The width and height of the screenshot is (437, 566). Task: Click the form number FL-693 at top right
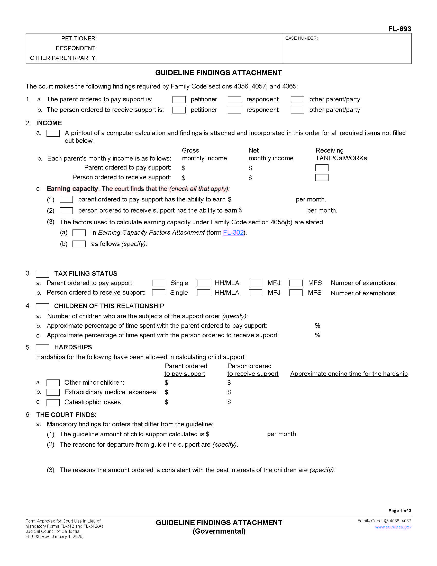(x=399, y=29)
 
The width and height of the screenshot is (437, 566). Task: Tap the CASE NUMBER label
(x=301, y=38)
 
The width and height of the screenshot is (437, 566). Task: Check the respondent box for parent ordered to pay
(x=234, y=100)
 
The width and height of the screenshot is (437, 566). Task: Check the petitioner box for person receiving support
(x=179, y=110)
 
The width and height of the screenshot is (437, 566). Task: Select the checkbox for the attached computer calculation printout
(x=53, y=133)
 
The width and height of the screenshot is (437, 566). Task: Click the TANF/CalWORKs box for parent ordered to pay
(x=322, y=168)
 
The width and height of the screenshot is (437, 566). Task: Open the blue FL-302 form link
(x=233, y=233)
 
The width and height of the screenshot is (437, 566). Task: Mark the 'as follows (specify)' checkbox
(x=79, y=244)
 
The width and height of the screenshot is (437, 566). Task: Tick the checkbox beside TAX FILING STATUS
(x=42, y=274)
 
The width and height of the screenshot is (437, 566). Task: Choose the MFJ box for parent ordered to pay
(x=256, y=283)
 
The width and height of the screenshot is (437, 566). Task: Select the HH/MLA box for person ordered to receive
(x=204, y=293)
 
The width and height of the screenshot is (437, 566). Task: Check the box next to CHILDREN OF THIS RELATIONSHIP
(x=42, y=306)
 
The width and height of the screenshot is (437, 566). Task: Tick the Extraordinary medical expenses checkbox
(x=53, y=392)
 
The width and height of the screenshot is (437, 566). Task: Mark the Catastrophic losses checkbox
(x=53, y=402)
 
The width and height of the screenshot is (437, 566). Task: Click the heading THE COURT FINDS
(x=66, y=415)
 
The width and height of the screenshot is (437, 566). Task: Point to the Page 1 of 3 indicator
(x=399, y=510)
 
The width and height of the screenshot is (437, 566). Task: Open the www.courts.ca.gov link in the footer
(x=393, y=527)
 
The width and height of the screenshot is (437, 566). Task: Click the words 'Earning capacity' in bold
(x=72, y=189)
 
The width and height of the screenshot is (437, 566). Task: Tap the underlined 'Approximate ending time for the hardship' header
(x=349, y=374)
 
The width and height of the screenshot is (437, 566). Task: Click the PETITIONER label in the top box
(x=79, y=39)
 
